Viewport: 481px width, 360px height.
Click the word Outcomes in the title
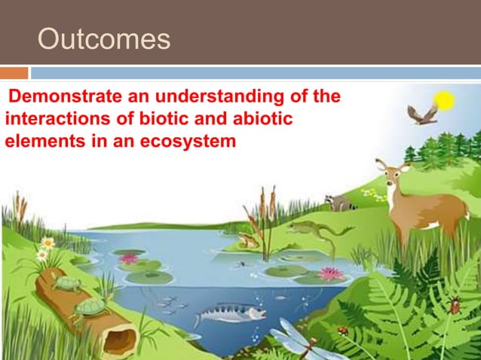pyautogui.click(x=103, y=39)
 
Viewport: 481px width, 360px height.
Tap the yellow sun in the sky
pyautogui.click(x=444, y=100)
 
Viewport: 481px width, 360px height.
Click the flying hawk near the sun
pyautogui.click(x=421, y=114)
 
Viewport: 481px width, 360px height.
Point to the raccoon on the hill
pyautogui.click(x=341, y=203)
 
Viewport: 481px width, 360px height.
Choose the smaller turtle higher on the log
pyautogui.click(x=69, y=284)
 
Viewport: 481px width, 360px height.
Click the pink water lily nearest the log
pyautogui.click(x=129, y=260)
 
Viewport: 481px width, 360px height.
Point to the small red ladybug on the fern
pyautogui.click(x=342, y=330)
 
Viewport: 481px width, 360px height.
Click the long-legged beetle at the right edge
pyautogui.click(x=456, y=305)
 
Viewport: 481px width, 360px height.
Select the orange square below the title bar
pyautogui.click(x=14, y=73)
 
